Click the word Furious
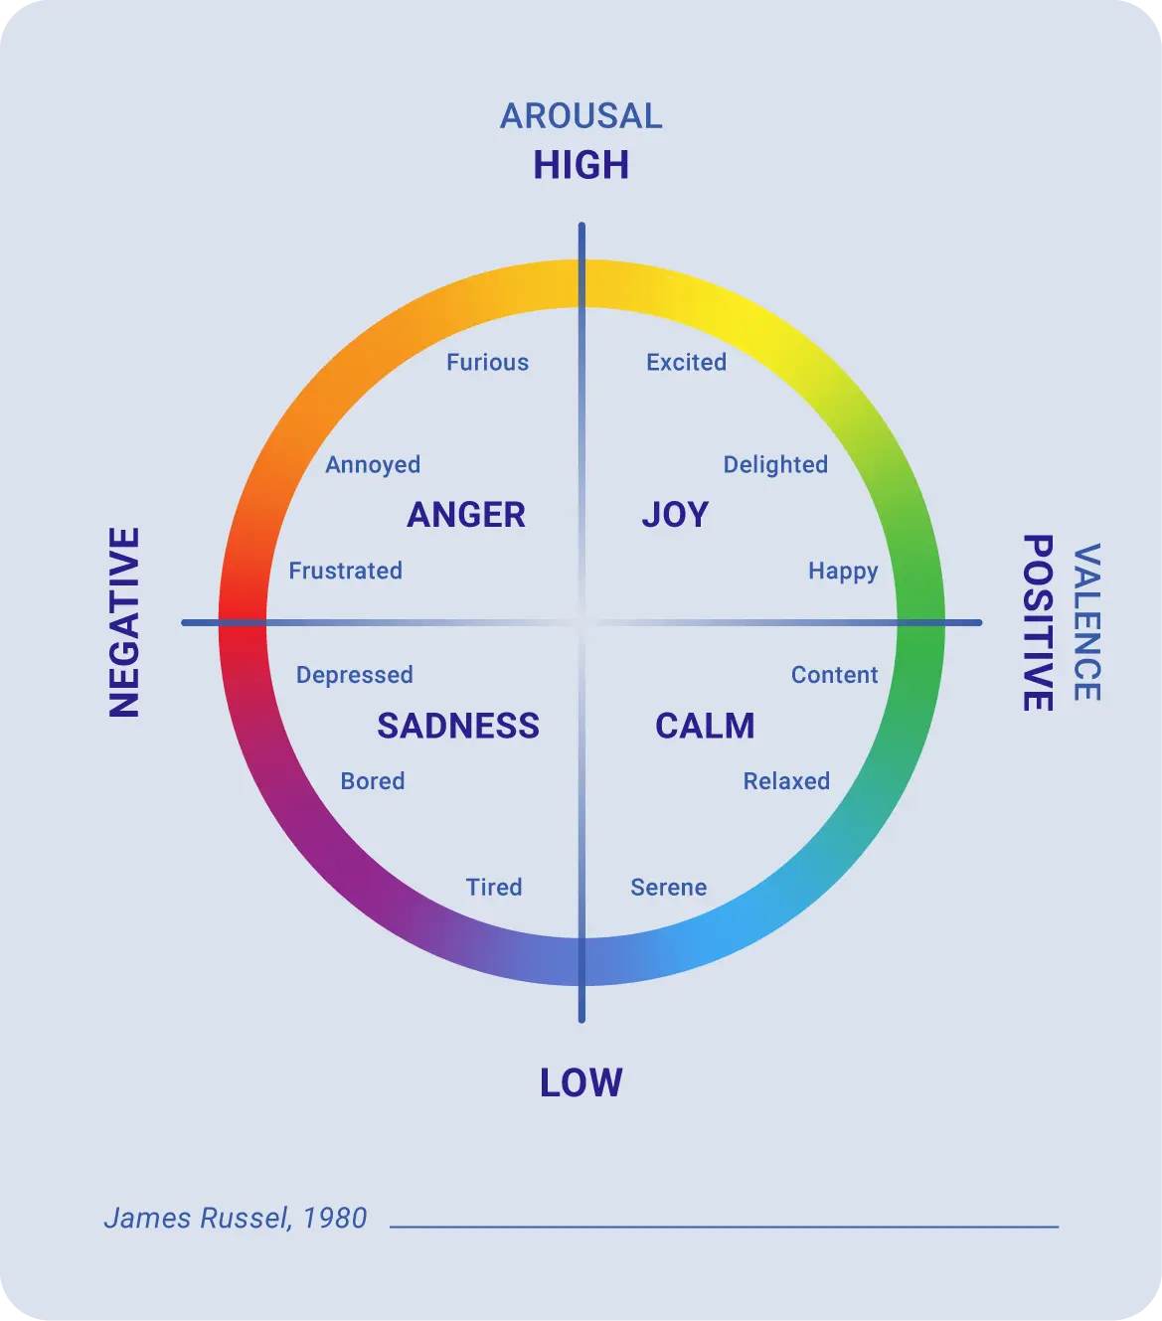(487, 363)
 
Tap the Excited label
(686, 363)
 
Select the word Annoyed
(373, 465)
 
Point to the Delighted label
(775, 465)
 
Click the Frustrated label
(345, 571)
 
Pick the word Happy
(843, 572)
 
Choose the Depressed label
(354, 675)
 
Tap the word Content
(834, 675)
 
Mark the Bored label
(373, 781)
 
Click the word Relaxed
(786, 781)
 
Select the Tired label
(494, 887)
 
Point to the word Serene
(669, 887)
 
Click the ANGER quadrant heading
(466, 515)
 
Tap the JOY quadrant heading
(675, 515)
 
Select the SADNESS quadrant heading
(458, 726)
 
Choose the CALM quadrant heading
(705, 726)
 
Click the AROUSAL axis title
(581, 116)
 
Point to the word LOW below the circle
(581, 1082)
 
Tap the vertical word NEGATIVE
(125, 622)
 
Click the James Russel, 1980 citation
(236, 1218)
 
